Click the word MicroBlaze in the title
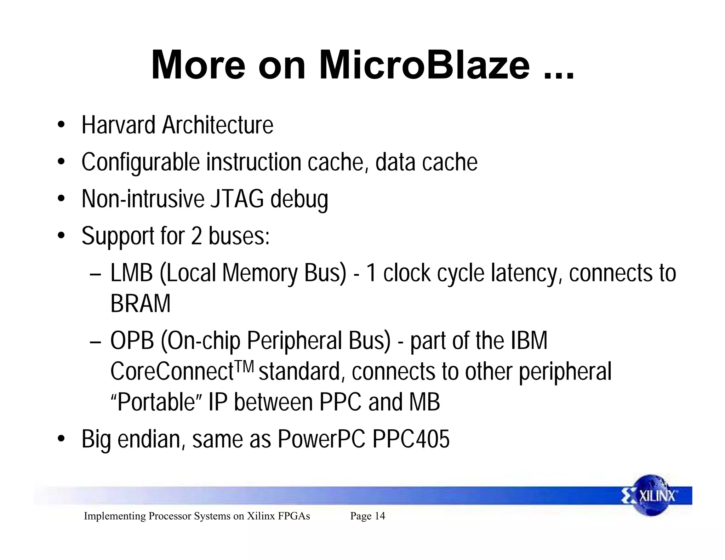pos(424,65)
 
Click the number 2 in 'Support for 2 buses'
pos(196,236)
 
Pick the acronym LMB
pos(131,273)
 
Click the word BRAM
pos(140,304)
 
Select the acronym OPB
pos(132,341)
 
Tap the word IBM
pos(529,341)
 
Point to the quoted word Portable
pos(156,402)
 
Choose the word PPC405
pos(411,439)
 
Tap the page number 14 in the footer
pos(379,516)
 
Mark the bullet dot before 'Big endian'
pos(61,439)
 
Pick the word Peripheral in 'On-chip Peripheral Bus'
pos(295,341)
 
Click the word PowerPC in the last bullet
pos(321,439)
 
